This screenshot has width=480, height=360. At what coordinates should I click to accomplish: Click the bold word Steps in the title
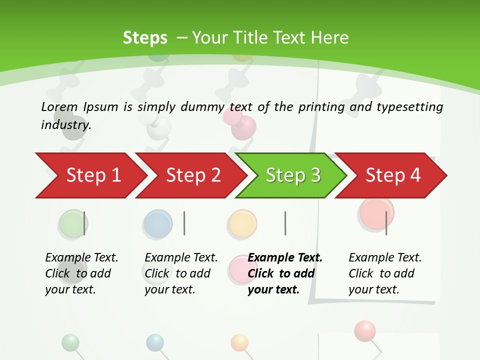(145, 38)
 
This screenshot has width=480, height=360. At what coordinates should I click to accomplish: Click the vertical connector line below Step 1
(84, 223)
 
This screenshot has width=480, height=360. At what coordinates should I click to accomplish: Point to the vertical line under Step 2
(184, 223)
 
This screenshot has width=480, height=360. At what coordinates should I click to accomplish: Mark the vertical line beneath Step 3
(285, 223)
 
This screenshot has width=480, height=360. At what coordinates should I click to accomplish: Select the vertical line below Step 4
(386, 223)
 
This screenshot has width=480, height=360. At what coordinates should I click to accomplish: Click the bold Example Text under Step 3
(285, 273)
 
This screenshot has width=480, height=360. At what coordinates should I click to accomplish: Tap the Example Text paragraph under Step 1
(81, 273)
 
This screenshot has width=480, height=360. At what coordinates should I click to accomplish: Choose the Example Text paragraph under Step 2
(181, 273)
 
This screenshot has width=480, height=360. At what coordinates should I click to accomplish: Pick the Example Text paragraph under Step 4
(385, 273)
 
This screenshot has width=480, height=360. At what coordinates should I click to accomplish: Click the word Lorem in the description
(59, 107)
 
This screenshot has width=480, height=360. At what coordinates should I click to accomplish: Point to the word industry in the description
(65, 125)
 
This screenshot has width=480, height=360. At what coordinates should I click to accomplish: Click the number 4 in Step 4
(414, 175)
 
